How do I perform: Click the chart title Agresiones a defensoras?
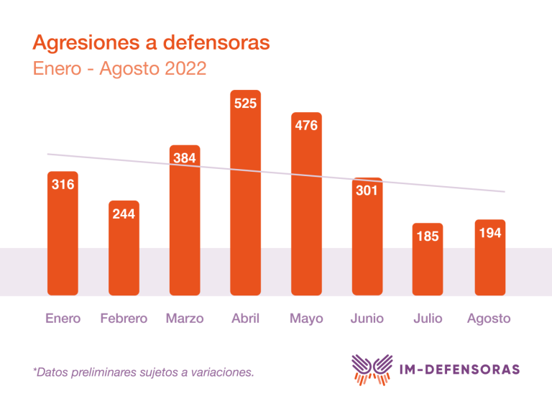pyautogui.click(x=151, y=42)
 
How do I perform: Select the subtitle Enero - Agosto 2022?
pyautogui.click(x=119, y=69)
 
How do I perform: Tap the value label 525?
pyautogui.click(x=245, y=104)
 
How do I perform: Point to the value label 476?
pyautogui.click(x=306, y=126)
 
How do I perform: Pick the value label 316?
pyautogui.click(x=63, y=185)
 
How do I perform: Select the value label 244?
pyautogui.click(x=124, y=213)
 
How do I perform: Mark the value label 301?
pyautogui.click(x=367, y=191)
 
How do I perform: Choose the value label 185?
pyautogui.click(x=428, y=236)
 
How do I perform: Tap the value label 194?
pyautogui.click(x=489, y=234)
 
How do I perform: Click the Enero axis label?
pyautogui.click(x=63, y=318)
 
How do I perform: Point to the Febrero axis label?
pyautogui.click(x=124, y=318)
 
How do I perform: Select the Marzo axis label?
pyautogui.click(x=185, y=318)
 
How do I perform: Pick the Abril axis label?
pyautogui.click(x=245, y=318)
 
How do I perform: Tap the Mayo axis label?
pyautogui.click(x=306, y=318)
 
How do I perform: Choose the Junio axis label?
pyautogui.click(x=367, y=318)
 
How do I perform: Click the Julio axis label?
pyautogui.click(x=428, y=318)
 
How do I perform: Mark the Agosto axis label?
pyautogui.click(x=489, y=318)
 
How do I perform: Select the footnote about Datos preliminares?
pyautogui.click(x=143, y=372)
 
